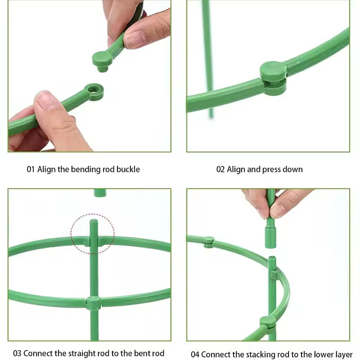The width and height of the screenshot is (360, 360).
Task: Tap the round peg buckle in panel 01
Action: (103, 60)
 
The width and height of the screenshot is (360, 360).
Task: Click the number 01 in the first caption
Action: (31, 170)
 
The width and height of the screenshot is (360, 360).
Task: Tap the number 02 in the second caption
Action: (220, 170)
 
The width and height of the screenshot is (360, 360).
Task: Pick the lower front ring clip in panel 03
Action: (94, 302)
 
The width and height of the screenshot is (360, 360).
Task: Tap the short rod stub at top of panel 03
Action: (100, 193)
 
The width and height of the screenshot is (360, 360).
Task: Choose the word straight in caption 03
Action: (75, 353)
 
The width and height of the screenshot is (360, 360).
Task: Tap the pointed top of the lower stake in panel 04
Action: (272, 259)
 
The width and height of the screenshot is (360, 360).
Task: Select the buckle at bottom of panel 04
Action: (267, 321)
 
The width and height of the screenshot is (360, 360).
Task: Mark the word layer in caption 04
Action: (343, 354)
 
